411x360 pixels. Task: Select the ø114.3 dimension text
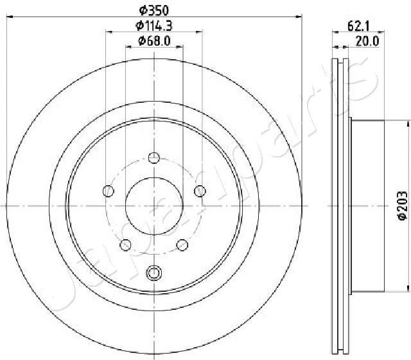155,26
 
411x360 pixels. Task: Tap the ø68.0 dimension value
154,41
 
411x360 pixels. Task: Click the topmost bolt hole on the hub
154,157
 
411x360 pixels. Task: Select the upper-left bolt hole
109,190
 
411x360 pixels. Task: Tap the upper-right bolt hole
200,190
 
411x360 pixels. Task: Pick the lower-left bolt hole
126,244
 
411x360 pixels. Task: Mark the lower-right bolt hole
182,244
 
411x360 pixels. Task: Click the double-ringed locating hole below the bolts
154,273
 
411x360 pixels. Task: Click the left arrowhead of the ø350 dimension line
9,17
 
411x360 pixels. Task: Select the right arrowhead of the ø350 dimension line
299,17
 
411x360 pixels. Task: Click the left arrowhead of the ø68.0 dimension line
128,47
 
